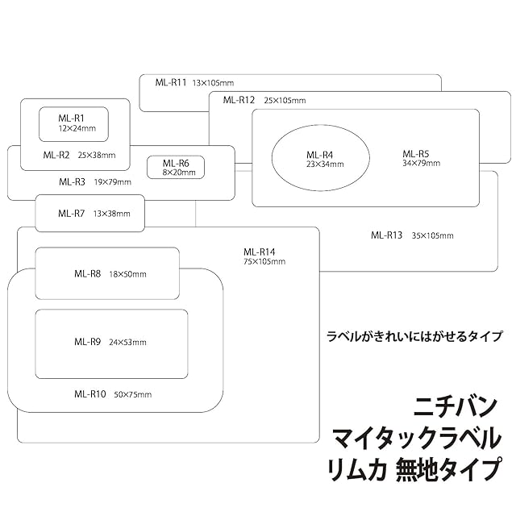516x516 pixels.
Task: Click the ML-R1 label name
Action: point(71,118)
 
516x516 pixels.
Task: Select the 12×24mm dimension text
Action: point(77,128)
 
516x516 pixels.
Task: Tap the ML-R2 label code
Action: point(56,155)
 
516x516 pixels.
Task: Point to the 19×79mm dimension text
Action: point(112,181)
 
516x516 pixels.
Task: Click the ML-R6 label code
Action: point(176,163)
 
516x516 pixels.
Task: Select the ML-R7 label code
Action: point(71,214)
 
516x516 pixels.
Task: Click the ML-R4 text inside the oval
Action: point(319,155)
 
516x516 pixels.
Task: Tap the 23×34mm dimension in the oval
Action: point(325,164)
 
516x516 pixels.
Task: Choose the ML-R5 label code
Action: point(416,154)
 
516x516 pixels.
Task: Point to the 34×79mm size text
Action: point(422,164)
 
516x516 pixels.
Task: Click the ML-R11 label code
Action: point(171,82)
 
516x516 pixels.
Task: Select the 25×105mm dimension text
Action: point(285,100)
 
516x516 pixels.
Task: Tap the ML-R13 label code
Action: point(387,235)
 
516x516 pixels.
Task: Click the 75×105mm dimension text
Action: point(264,261)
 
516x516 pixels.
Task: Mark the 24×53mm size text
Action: point(127,342)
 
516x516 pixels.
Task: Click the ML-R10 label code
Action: point(90,394)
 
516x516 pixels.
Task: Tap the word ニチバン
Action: point(456,405)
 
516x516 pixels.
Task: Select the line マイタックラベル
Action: point(416,439)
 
